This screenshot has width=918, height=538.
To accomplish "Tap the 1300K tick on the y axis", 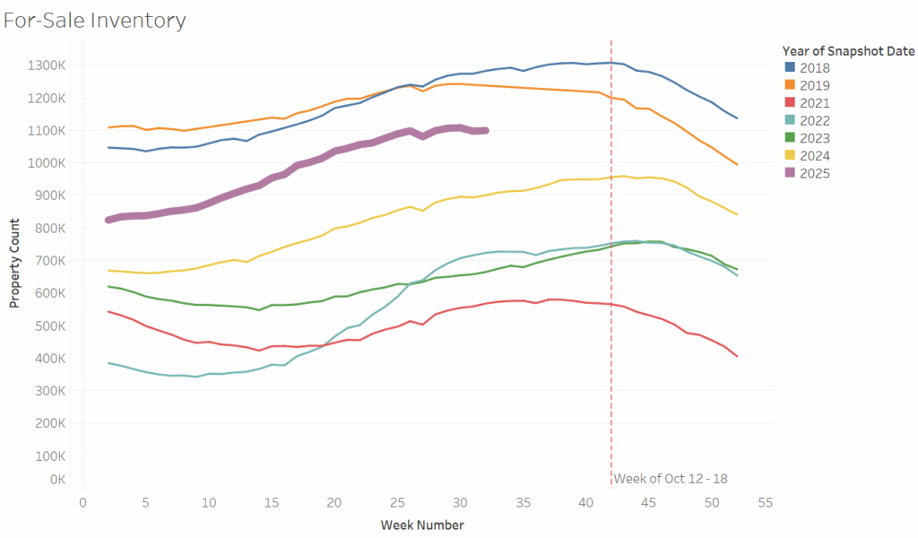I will pyautogui.click(x=46, y=65).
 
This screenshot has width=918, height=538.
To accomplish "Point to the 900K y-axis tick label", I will pyautogui.click(x=48, y=195).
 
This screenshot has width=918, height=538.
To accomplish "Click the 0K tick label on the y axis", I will pyautogui.click(x=56, y=480).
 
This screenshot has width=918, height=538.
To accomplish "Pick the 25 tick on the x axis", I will pyautogui.click(x=396, y=504).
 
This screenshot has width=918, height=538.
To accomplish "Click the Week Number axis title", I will pyautogui.click(x=422, y=525).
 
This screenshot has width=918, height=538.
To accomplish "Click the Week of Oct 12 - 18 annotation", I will pyautogui.click(x=671, y=479).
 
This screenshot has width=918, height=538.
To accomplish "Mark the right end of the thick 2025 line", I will pyautogui.click(x=485, y=130).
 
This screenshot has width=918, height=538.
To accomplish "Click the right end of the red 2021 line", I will pyautogui.click(x=737, y=356).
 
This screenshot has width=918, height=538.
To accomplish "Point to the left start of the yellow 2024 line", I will pyautogui.click(x=108, y=270).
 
